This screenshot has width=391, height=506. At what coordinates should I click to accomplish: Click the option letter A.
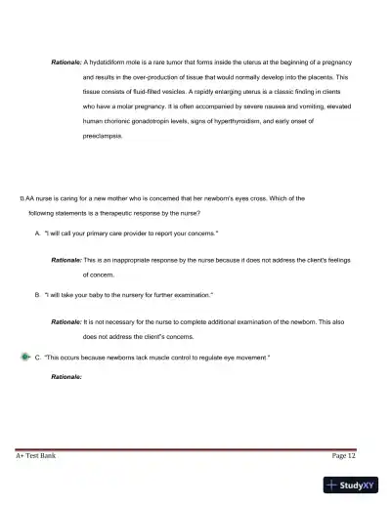tap(37, 235)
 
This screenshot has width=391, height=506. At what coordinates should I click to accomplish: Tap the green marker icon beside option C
tap(23, 358)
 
